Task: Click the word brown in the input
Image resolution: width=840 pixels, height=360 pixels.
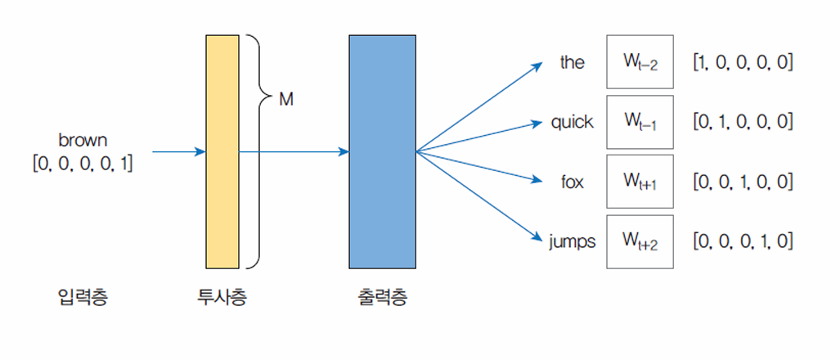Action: tap(83, 140)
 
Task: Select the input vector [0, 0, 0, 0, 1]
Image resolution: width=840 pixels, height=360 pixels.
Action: tap(83, 162)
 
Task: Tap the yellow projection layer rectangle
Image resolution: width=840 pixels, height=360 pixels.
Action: tap(222, 151)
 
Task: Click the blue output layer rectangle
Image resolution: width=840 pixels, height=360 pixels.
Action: tap(382, 151)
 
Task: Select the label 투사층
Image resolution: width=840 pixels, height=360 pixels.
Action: tap(222, 297)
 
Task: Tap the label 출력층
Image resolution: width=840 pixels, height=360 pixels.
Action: tap(382, 297)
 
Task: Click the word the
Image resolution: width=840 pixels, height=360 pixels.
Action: tap(573, 62)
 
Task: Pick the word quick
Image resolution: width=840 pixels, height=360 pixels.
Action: tap(573, 122)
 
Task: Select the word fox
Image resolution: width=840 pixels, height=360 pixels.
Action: tap(573, 182)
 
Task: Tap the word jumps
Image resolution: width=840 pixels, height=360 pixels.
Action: tap(573, 241)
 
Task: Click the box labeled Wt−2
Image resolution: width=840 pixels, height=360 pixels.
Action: tap(640, 61)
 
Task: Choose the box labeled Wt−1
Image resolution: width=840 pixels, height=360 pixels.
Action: tap(640, 121)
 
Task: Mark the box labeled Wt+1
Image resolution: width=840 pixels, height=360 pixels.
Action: tap(640, 182)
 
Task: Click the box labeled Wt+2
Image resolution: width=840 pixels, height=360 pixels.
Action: tap(640, 241)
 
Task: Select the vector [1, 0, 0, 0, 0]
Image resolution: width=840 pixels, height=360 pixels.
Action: tap(742, 62)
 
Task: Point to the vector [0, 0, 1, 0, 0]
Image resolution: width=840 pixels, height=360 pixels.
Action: tap(742, 182)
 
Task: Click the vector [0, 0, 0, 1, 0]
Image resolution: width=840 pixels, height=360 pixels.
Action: tap(742, 241)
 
